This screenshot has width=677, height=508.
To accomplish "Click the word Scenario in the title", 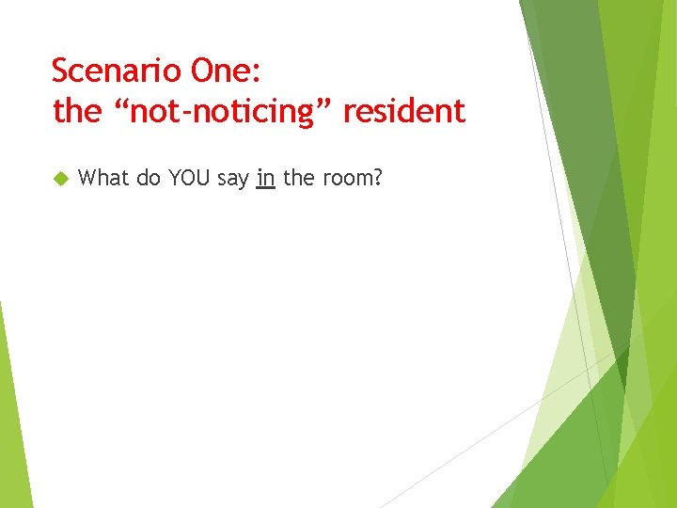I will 117,71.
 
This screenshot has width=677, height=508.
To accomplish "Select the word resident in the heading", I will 403,112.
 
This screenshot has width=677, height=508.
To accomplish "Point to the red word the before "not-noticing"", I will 76,112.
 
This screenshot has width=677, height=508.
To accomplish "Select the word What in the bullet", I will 104,178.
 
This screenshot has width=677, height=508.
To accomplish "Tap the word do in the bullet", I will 149,178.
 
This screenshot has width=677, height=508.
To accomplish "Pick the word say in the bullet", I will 232,179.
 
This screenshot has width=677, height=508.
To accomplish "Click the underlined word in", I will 265,178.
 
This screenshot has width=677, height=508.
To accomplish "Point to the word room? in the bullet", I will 352,178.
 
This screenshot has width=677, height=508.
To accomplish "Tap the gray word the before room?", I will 298,178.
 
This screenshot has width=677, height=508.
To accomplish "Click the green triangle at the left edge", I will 11,414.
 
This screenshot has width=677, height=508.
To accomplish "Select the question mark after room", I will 377,178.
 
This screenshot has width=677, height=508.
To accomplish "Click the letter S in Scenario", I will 59,71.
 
